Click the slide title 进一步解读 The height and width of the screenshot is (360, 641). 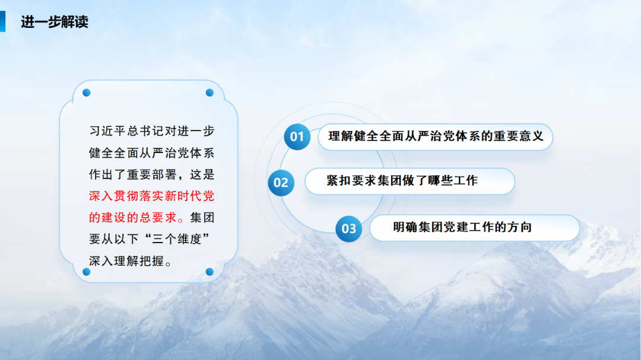coord(54,23)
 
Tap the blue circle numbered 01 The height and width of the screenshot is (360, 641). coord(297,137)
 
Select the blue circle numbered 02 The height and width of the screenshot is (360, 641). coord(281,182)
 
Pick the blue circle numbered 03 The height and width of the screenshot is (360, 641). coord(349,228)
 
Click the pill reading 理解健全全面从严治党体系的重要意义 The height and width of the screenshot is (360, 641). coord(436,136)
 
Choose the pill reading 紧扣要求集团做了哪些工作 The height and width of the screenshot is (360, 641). coord(410,181)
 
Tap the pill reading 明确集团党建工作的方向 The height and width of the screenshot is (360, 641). coord(474,227)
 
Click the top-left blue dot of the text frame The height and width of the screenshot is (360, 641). coord(86,93)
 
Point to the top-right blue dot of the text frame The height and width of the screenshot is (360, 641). coord(210,93)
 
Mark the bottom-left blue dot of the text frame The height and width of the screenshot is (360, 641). coord(86,272)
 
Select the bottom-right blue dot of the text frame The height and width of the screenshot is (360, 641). coord(210,272)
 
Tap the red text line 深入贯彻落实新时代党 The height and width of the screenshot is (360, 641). coord(151,196)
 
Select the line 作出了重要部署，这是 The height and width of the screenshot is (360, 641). coord(151,174)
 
